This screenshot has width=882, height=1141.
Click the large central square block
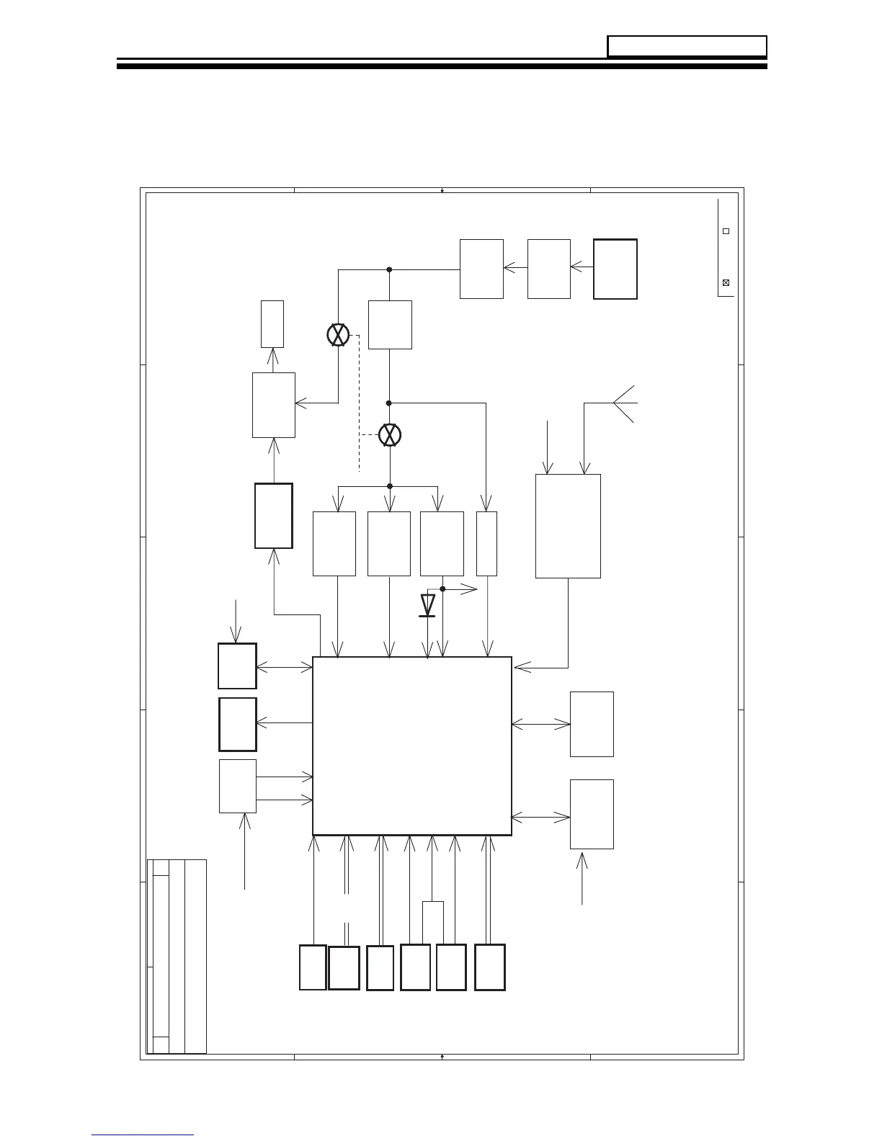(411, 746)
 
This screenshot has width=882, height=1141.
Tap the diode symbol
(427, 605)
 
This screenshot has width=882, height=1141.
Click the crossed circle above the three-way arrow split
(390, 435)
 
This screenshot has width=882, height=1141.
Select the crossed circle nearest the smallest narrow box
(338, 336)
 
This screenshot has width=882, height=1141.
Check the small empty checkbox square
(726, 231)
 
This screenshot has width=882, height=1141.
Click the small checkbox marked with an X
(726, 282)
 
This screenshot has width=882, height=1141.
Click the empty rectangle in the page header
(687, 46)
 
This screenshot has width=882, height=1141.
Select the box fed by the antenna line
(568, 526)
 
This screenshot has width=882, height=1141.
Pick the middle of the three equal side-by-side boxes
(389, 544)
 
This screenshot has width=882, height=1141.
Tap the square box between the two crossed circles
(390, 325)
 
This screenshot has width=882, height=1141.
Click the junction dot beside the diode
(442, 589)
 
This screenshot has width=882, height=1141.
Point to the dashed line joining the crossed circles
(359, 403)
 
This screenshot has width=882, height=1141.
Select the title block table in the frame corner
(177, 956)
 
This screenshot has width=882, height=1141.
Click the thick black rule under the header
(442, 66)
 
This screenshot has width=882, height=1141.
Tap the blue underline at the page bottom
(143, 1135)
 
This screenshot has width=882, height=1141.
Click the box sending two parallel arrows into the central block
(238, 786)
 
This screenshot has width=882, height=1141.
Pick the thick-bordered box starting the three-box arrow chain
(615, 269)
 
